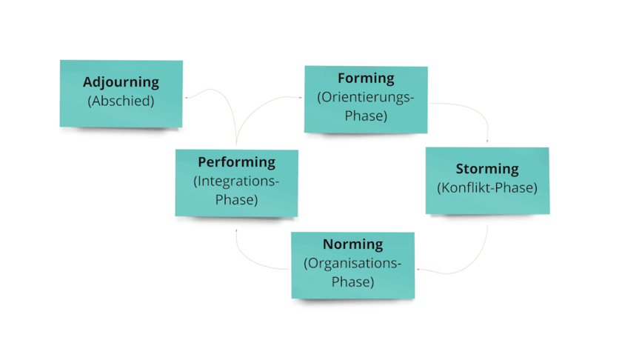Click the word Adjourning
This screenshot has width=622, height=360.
pyautogui.click(x=121, y=82)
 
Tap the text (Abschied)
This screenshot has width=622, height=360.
pyautogui.click(x=121, y=101)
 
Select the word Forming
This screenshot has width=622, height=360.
pyautogui.click(x=366, y=78)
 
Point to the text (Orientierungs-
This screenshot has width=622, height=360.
pyautogui.click(x=366, y=97)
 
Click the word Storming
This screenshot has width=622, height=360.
pyautogui.click(x=487, y=169)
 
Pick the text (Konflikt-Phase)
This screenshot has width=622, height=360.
pyautogui.click(x=487, y=188)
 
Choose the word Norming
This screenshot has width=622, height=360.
pyautogui.click(x=352, y=244)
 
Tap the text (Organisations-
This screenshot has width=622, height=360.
pyautogui.click(x=352, y=263)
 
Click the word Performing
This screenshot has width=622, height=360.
pyautogui.click(x=236, y=161)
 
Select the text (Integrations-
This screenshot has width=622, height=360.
pyautogui.click(x=236, y=181)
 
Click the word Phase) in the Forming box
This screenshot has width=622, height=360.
pyautogui.click(x=366, y=116)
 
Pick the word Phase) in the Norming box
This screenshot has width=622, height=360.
pyautogui.click(x=352, y=282)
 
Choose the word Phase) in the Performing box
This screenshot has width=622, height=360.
pyautogui.click(x=236, y=200)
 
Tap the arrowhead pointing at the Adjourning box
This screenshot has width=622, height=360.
pyautogui.click(x=187, y=96)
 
